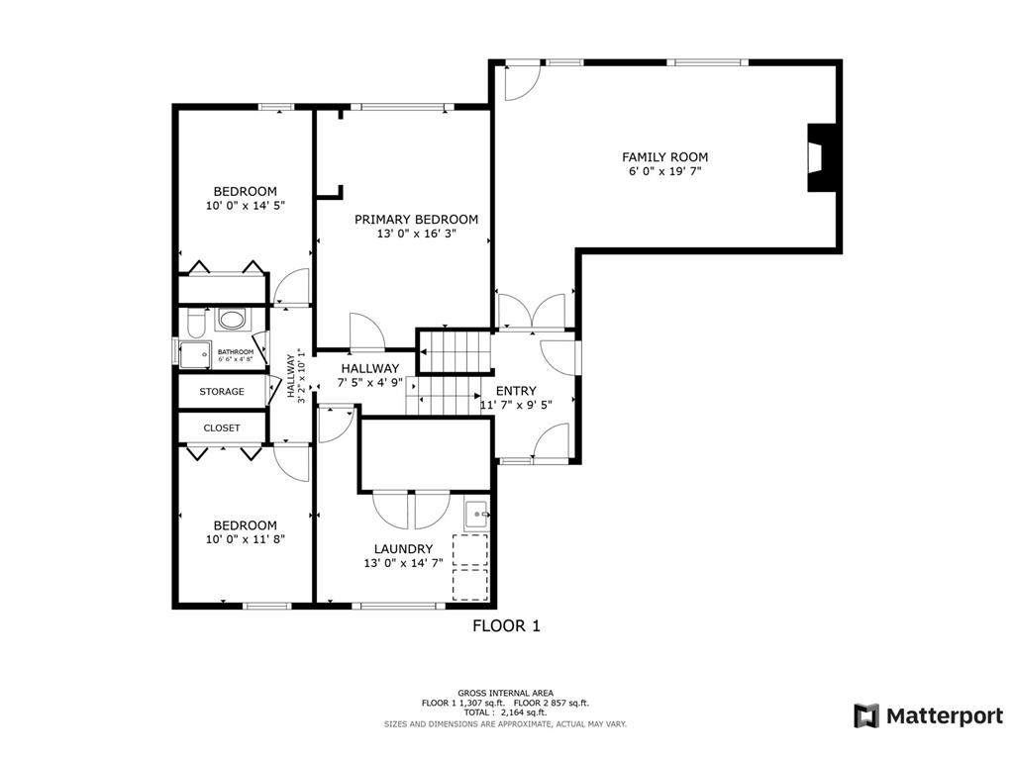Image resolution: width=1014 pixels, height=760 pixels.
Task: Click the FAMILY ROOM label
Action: pos(664,157)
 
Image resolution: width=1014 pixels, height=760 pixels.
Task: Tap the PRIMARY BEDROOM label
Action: pos(417,220)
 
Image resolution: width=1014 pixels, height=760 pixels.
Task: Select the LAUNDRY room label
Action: pos(403,549)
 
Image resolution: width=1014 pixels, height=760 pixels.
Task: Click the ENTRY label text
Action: pos(516,391)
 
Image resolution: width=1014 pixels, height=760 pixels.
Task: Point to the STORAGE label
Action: pos(222,392)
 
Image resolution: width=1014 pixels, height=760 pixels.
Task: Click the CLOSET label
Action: pos(222,427)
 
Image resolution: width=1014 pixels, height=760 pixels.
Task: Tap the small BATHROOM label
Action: pos(236,351)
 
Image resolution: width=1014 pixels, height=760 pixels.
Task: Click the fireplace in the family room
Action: pos(821,157)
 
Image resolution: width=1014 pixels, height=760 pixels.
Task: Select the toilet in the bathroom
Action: pos(195,322)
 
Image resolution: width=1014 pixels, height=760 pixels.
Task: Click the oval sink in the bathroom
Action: pos(232,319)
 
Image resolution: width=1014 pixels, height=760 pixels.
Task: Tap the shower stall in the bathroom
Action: pos(195,354)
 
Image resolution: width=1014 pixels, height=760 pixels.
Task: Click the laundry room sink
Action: pos(477,515)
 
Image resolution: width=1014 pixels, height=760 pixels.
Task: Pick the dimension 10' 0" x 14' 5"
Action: pos(246,206)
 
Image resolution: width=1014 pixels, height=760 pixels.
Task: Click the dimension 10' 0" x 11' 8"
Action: pos(246,539)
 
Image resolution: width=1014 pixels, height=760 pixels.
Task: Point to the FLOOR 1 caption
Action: pos(506,625)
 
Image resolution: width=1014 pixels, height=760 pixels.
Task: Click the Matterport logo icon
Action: pos(866,716)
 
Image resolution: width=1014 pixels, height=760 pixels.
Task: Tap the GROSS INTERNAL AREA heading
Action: pos(506,694)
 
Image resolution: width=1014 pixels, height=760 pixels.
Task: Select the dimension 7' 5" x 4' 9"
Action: pos(370,382)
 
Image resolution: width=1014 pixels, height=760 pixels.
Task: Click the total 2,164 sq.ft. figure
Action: pos(524,712)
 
